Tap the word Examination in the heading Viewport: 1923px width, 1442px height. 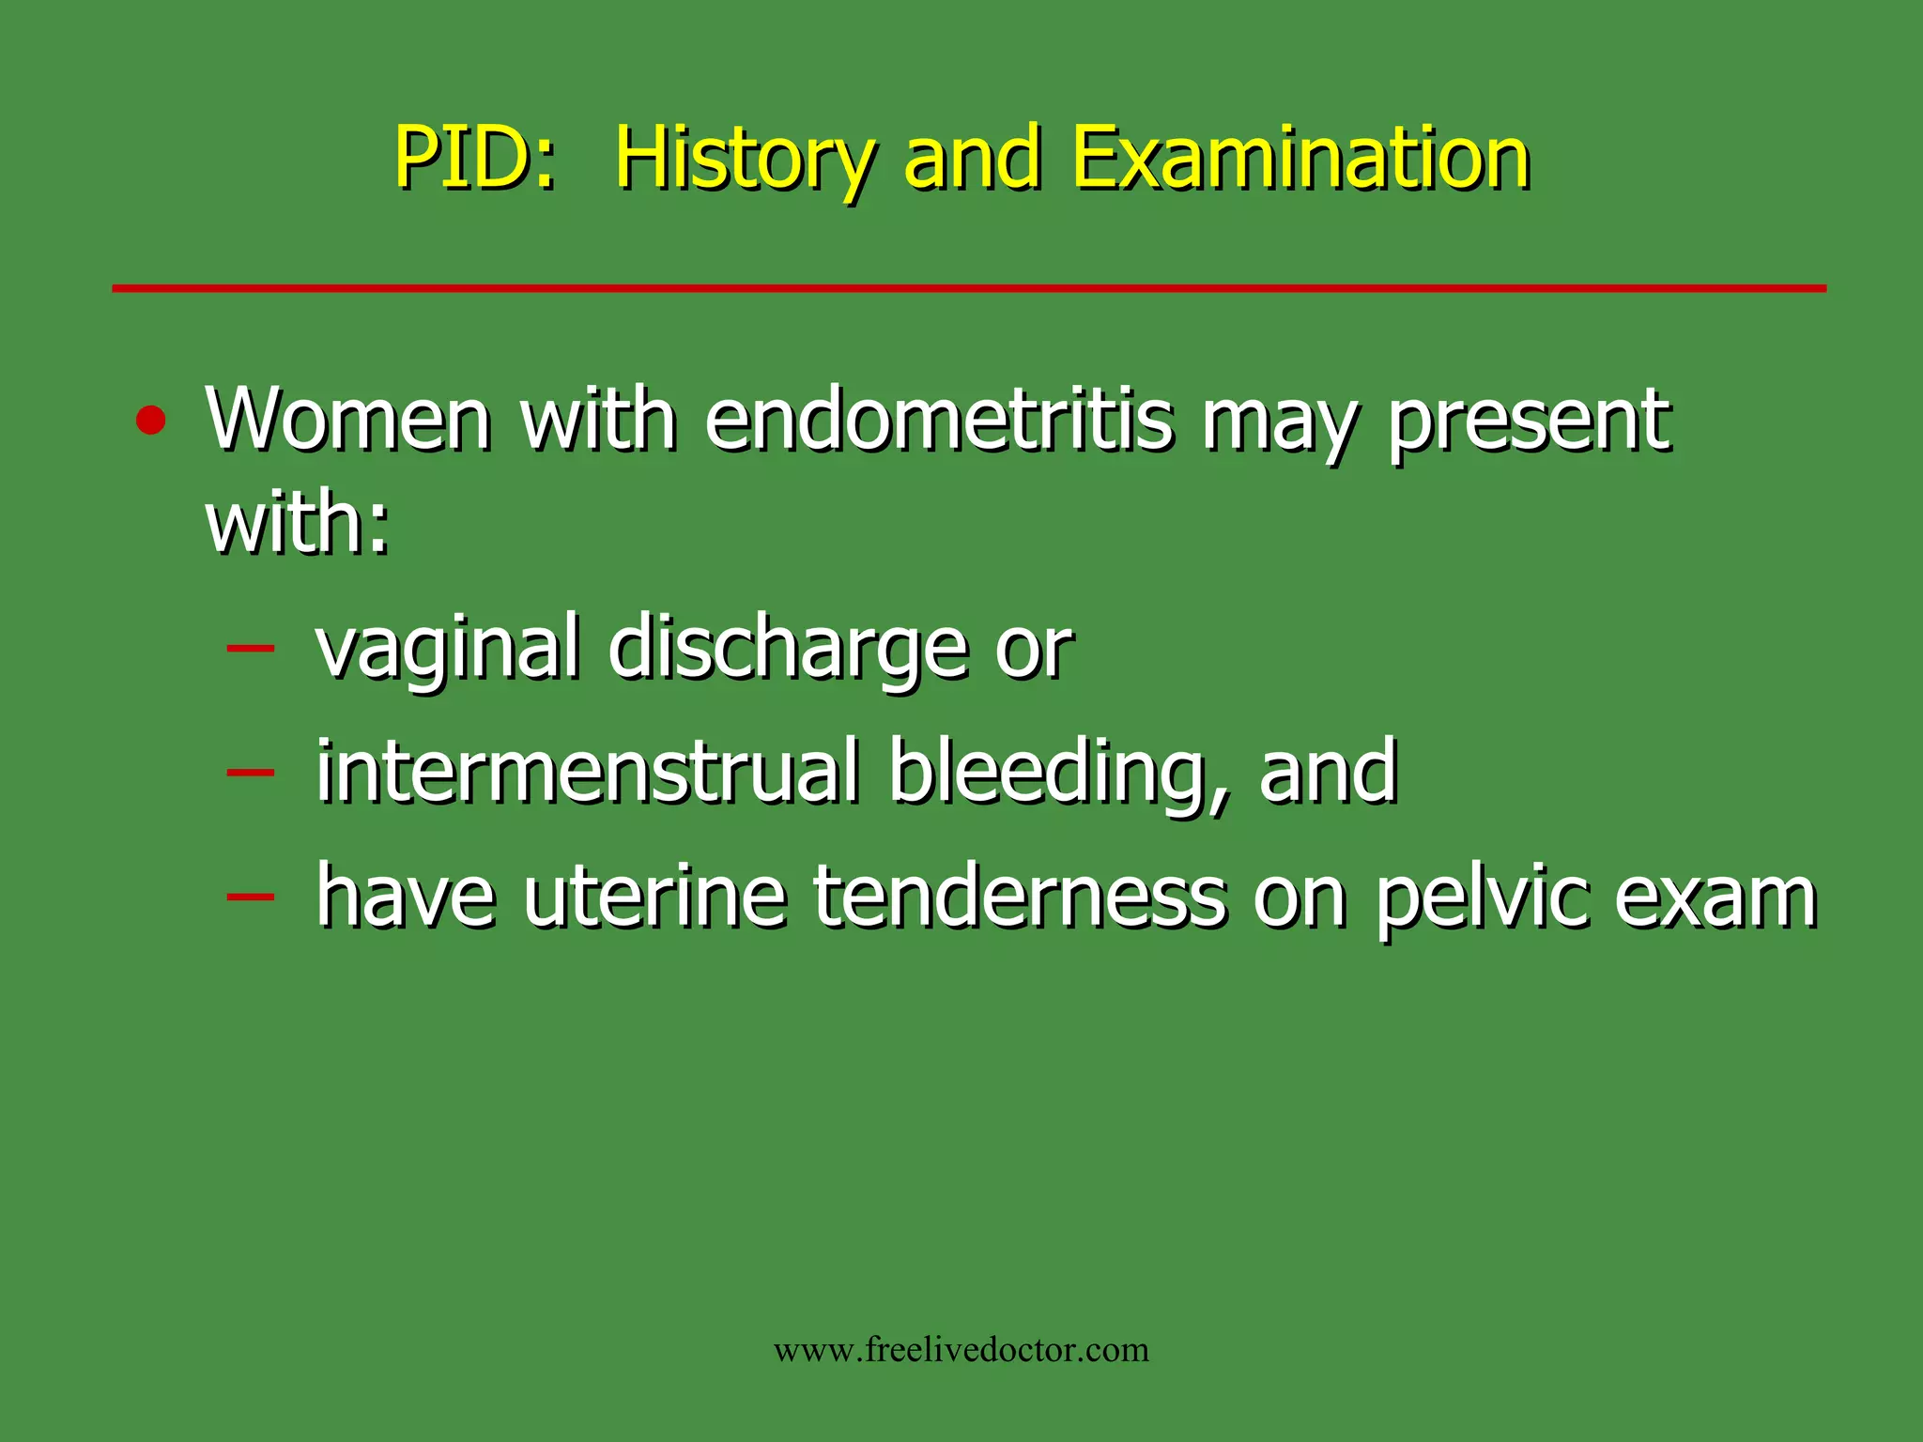point(1300,158)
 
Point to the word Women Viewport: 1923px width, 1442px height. point(348,420)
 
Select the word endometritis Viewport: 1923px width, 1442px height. point(939,420)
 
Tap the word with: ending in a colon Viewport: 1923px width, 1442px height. point(298,523)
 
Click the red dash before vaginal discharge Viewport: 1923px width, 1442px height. point(251,647)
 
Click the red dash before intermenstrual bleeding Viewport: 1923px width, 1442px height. point(251,772)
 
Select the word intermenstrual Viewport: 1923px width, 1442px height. point(588,772)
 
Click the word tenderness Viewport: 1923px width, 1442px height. point(1020,897)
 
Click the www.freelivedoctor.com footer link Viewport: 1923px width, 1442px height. point(961,1350)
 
